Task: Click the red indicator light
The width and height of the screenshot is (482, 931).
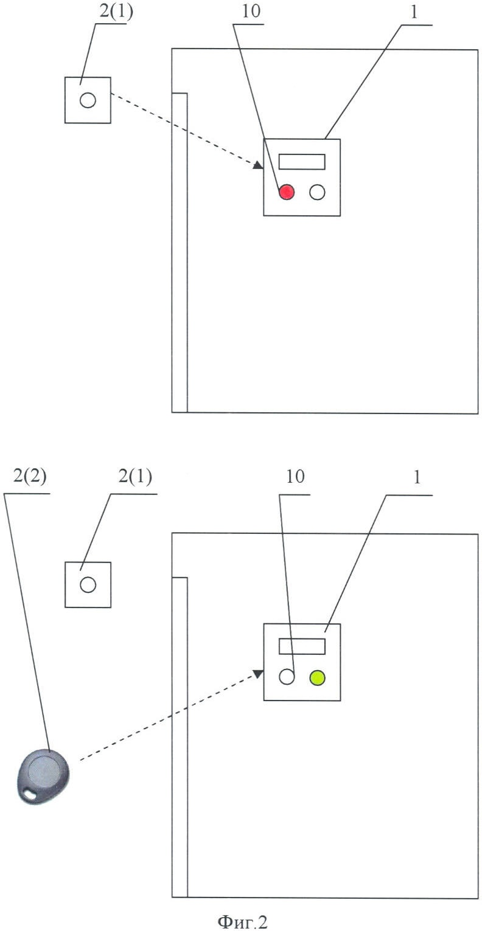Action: (x=286, y=192)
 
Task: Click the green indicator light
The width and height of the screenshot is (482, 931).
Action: (x=317, y=677)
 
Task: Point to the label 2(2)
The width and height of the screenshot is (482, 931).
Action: (x=30, y=476)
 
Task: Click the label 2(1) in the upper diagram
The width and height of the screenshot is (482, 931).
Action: (x=116, y=11)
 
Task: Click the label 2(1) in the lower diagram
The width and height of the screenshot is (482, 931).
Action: (x=135, y=476)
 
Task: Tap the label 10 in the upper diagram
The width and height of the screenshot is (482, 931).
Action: (x=251, y=12)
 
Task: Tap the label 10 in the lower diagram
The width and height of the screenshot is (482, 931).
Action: (x=295, y=476)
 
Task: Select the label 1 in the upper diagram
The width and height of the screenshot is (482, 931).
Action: (x=414, y=13)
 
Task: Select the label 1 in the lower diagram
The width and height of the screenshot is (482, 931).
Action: (x=417, y=477)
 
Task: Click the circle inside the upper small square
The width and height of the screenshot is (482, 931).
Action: (x=88, y=100)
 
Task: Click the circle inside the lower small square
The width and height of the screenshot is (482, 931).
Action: (x=88, y=585)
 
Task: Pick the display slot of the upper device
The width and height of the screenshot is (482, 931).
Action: (x=302, y=162)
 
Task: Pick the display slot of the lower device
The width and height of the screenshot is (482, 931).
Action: (x=302, y=646)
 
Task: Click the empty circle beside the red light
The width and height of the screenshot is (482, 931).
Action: (x=317, y=192)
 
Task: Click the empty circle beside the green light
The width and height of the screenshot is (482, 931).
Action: (x=287, y=677)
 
